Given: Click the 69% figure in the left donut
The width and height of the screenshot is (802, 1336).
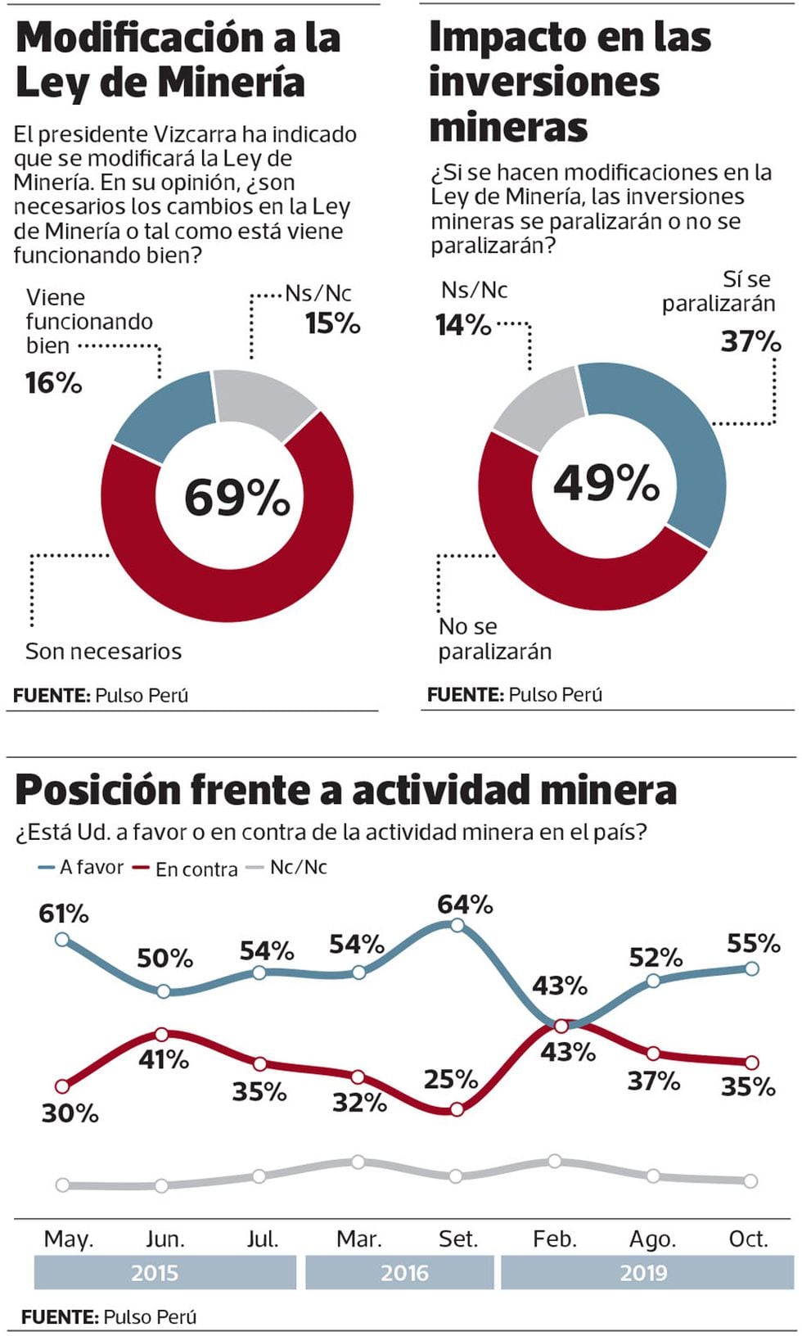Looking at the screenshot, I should (237, 497).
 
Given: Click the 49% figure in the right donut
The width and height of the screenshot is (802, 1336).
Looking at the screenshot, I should (606, 482).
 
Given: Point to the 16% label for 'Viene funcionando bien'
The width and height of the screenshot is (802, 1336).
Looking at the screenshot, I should (54, 382).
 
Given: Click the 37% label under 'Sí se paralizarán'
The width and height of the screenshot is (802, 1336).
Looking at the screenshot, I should (750, 341).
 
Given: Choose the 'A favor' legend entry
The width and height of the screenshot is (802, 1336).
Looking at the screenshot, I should (81, 867).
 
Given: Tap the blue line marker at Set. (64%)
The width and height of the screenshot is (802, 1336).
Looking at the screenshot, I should (457, 925).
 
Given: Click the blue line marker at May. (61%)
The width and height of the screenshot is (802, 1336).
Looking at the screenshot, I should (62, 939).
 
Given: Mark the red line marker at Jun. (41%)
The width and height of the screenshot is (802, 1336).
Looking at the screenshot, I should (162, 1035).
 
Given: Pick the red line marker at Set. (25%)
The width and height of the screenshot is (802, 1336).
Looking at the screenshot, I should (457, 1110).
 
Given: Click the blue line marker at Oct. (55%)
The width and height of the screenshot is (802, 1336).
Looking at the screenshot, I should (752, 968).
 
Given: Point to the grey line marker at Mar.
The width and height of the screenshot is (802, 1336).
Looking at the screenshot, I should (358, 1162).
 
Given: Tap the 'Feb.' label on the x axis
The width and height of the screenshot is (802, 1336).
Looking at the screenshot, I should (555, 1239).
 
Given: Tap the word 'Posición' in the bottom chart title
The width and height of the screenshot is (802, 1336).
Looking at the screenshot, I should (98, 790).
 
